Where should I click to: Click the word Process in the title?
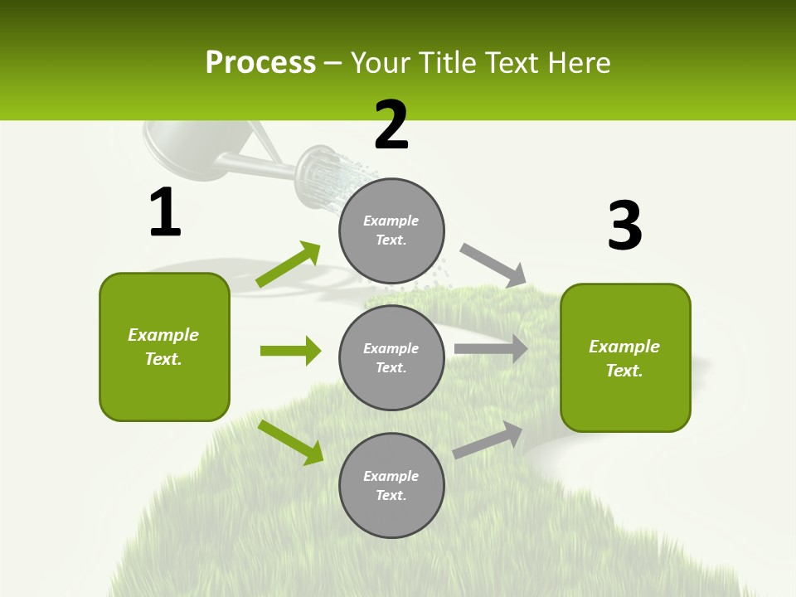coord(260,63)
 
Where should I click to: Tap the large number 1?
coord(165,213)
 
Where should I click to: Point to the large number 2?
coord(391,126)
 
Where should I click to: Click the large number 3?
coord(624,226)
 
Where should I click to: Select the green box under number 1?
coord(164,347)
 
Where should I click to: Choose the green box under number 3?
coord(625,357)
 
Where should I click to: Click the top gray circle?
coord(391,231)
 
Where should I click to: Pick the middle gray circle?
coord(391,357)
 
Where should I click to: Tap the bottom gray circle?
coord(391,485)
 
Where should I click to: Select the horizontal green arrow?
coord(290,351)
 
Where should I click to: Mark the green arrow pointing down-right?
coord(291,442)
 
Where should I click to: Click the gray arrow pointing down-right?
coord(493,265)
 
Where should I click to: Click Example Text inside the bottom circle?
coord(391,485)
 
